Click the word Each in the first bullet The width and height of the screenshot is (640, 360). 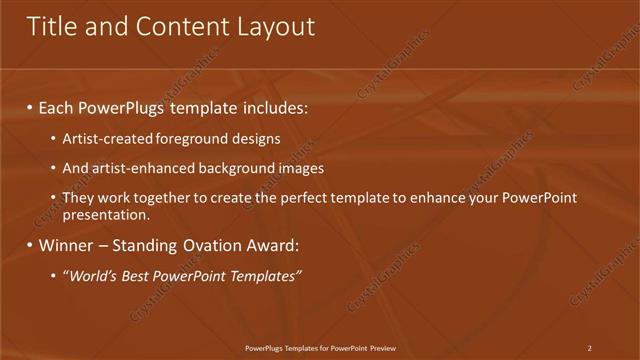point(59,106)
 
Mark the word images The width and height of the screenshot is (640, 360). point(297,168)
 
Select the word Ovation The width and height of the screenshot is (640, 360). point(210,245)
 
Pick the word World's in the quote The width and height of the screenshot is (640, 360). point(92,275)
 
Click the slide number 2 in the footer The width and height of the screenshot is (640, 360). point(589,348)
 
